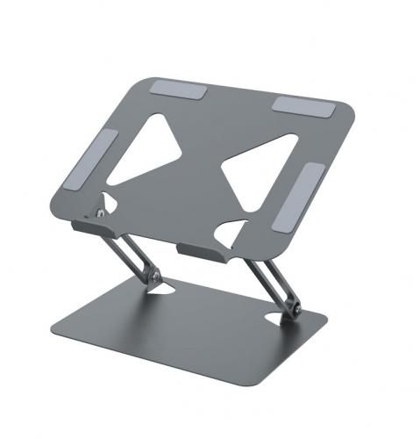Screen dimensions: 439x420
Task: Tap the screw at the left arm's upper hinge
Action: [103, 212]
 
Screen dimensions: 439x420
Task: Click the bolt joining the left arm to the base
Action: [154, 277]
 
